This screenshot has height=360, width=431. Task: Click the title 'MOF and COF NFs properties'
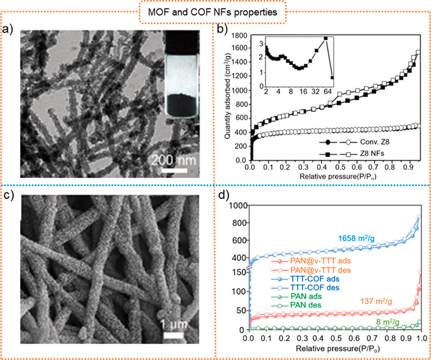coord(215,13)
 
